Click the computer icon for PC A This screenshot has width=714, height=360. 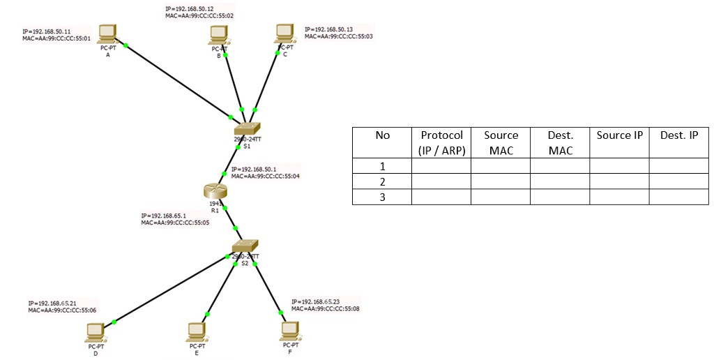(107, 33)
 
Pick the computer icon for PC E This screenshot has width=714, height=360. (197, 331)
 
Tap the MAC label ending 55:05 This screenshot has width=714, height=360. (175, 223)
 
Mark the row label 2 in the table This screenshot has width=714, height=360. (381, 181)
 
